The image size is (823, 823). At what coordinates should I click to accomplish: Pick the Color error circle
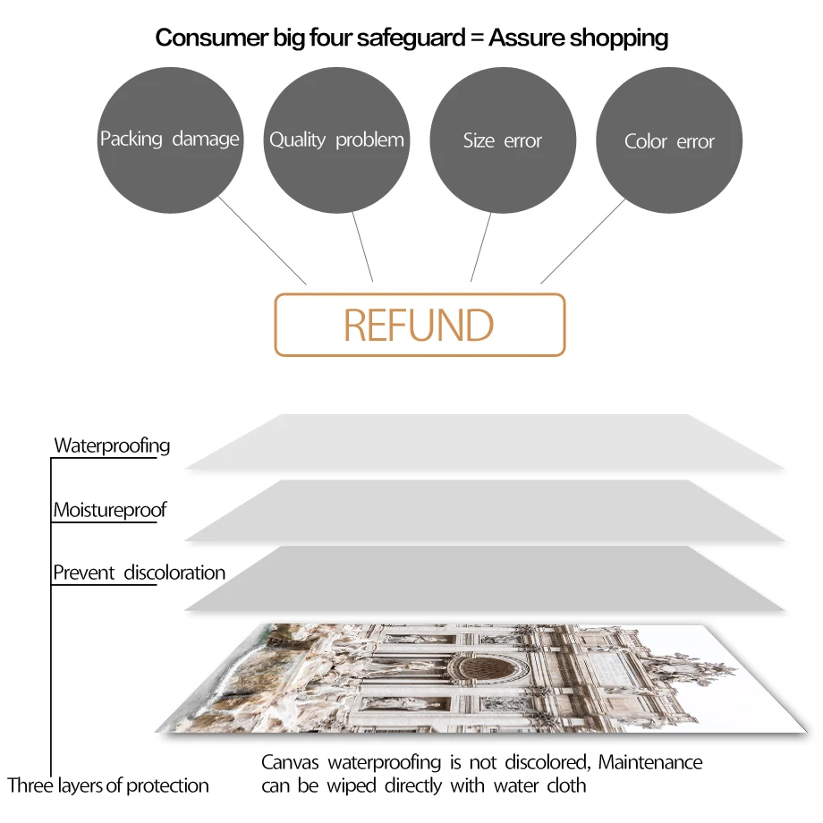669,141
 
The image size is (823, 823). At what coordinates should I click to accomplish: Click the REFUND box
420,326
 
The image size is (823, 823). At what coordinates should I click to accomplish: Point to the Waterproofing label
112,445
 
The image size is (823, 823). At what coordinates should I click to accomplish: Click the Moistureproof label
110,511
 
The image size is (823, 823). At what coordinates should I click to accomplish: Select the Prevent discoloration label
140,573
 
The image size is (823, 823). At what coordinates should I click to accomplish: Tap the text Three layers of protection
108,785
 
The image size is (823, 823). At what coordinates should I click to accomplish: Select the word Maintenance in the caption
650,763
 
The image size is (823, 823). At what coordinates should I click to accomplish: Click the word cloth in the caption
566,785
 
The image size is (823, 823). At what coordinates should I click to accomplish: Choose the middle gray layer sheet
483,510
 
